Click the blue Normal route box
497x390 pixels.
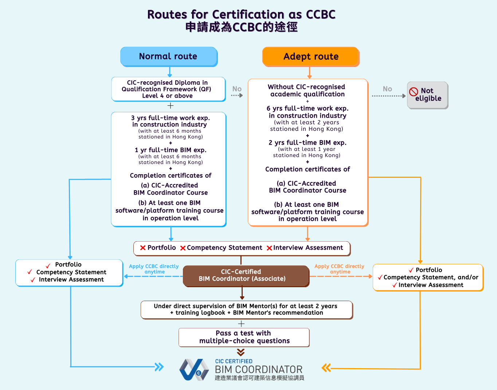click(168, 56)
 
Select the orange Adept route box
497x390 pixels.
click(311, 56)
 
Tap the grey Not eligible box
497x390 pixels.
click(427, 95)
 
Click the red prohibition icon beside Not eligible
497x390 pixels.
click(414, 92)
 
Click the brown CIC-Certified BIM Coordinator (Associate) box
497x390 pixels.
click(246, 276)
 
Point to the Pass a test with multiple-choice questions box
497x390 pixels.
click(244, 337)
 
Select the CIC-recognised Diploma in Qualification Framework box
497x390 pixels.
click(168, 89)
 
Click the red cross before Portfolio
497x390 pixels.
click(143, 248)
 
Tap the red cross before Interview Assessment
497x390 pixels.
click(269, 248)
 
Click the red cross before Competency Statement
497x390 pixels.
click(183, 248)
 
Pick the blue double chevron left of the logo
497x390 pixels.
click(159, 367)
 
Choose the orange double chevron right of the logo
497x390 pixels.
click(326, 368)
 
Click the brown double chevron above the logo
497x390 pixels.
click(240, 352)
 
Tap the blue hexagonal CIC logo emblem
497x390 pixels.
click(194, 370)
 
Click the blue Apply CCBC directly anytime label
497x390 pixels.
click(154, 269)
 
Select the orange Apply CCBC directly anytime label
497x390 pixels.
click(339, 269)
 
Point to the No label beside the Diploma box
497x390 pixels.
click(237, 89)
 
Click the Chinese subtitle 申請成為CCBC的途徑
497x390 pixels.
click(241, 27)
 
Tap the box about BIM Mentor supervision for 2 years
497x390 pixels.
click(247, 309)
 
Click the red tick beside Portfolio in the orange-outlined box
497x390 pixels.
click(411, 270)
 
